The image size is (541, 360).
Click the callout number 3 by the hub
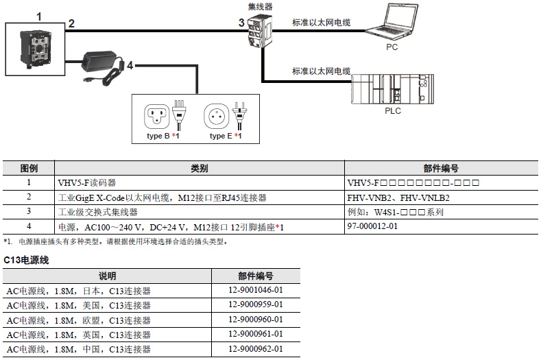(x=241, y=23)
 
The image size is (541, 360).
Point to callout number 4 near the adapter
(x=130, y=66)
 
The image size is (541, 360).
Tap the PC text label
(x=392, y=47)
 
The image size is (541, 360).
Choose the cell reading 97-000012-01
(x=372, y=226)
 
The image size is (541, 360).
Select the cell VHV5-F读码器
(x=88, y=183)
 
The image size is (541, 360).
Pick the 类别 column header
(x=199, y=169)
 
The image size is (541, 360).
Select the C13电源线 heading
(x=26, y=260)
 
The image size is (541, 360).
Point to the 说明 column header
(x=107, y=276)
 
